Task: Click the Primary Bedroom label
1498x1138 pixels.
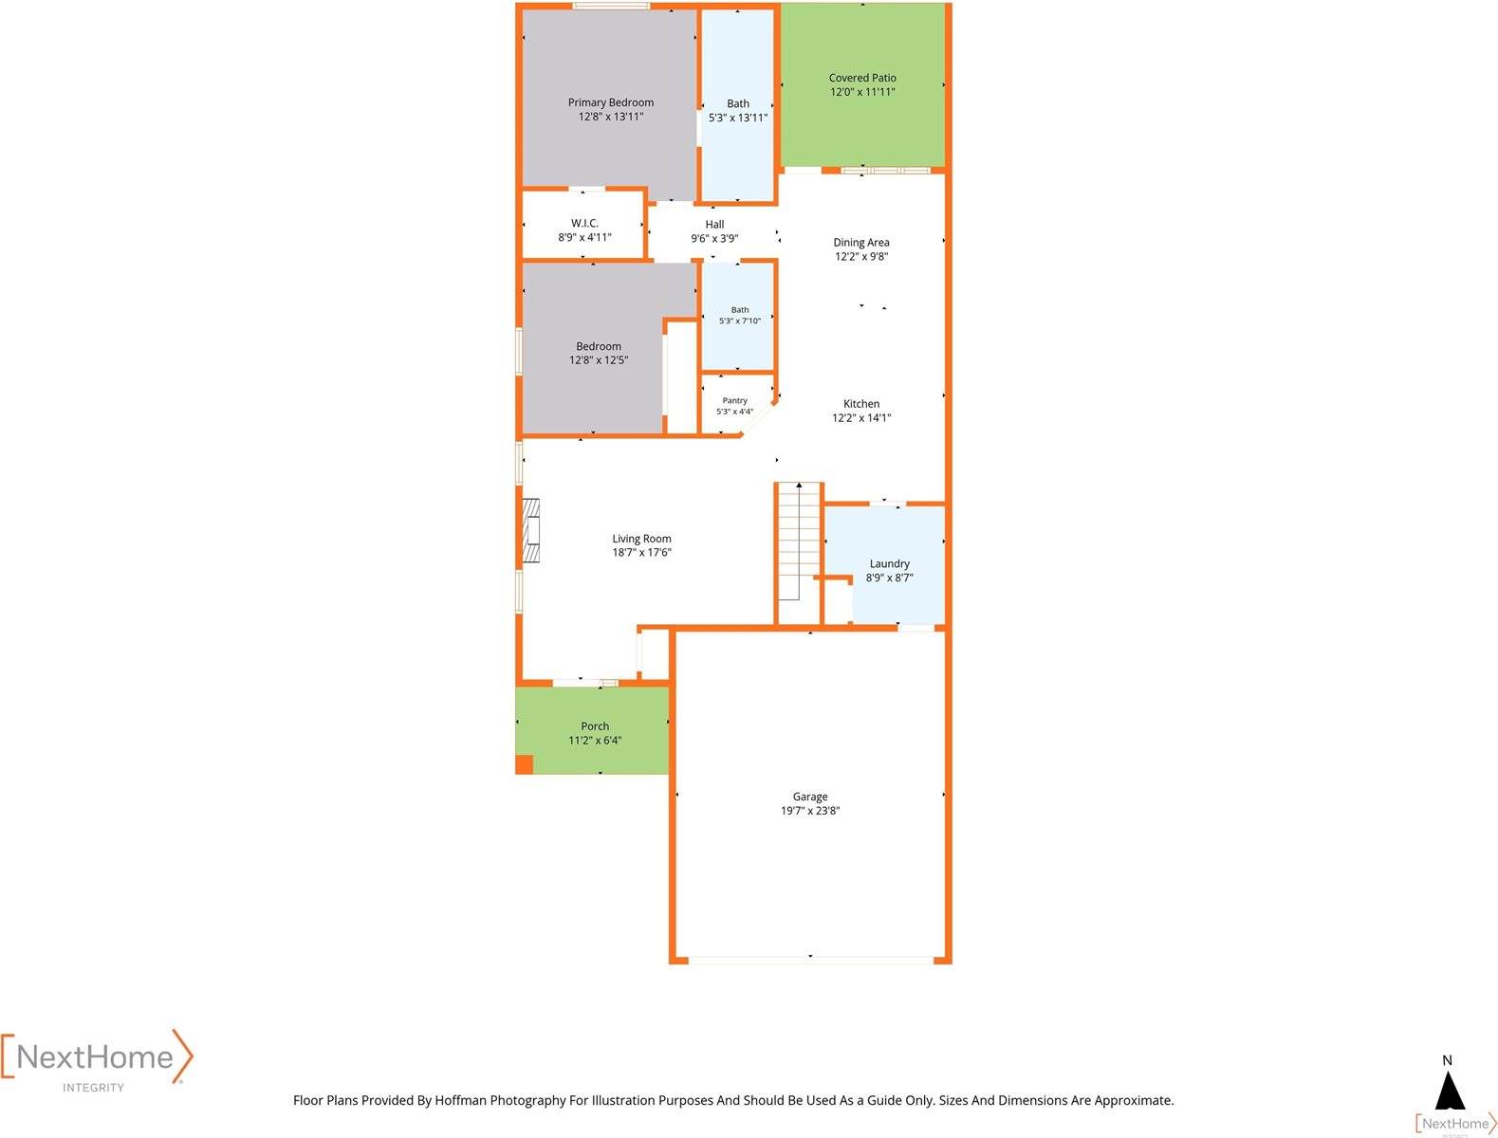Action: (611, 102)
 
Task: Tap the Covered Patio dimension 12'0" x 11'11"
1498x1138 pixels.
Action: (862, 92)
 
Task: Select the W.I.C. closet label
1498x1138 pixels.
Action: (584, 223)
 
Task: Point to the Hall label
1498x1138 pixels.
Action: (714, 225)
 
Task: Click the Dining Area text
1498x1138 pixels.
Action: (861, 242)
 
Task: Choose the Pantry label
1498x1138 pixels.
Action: (735, 400)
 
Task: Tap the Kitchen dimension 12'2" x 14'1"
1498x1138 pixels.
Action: (861, 418)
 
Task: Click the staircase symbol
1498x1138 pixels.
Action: (798, 541)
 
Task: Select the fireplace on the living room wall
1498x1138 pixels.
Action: (531, 531)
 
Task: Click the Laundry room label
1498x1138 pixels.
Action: (889, 563)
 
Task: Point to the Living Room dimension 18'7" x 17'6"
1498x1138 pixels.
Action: (641, 553)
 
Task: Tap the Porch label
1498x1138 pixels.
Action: (595, 725)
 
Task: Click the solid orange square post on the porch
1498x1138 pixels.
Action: (524, 764)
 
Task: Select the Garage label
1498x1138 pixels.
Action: (810, 797)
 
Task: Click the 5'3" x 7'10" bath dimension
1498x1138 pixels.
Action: (740, 321)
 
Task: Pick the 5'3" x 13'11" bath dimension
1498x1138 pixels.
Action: (738, 118)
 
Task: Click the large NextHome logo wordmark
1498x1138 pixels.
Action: (95, 1056)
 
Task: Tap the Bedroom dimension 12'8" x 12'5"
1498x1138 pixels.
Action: (599, 360)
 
